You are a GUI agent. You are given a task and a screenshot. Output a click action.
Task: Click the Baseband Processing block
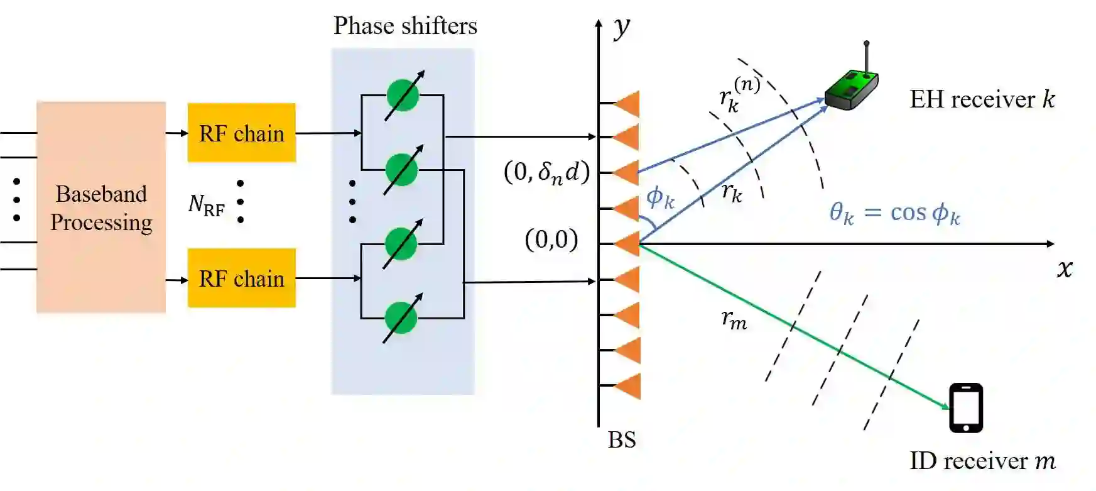[x=101, y=207]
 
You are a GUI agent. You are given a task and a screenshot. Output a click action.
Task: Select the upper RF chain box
[x=241, y=133]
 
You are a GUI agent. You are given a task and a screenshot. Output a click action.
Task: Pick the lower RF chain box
[x=241, y=278]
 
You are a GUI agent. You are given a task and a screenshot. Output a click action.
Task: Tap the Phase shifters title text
[x=405, y=26]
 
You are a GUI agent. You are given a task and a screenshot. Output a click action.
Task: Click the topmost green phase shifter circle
[x=403, y=96]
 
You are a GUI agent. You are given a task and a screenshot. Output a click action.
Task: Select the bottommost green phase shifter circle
[x=401, y=318]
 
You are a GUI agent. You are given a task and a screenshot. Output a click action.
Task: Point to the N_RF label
[x=206, y=204]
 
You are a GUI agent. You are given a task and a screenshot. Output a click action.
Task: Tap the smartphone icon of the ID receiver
[x=965, y=408]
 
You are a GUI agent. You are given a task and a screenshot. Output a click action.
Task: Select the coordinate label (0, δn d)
[x=546, y=172]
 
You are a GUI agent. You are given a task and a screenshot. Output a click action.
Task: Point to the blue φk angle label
[x=660, y=198]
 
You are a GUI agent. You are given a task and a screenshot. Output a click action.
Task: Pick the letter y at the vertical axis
[x=621, y=26]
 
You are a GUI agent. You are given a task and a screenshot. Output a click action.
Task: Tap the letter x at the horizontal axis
[x=1064, y=268]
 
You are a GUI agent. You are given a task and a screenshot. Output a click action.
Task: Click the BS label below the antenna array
[x=622, y=439]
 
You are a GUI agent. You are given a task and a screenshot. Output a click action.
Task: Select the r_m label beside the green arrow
[x=734, y=321]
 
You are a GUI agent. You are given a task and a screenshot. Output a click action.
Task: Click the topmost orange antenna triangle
[x=627, y=103]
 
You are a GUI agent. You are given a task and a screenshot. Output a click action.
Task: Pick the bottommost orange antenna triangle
[x=627, y=386]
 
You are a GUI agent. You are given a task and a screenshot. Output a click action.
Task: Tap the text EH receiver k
[x=982, y=99]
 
